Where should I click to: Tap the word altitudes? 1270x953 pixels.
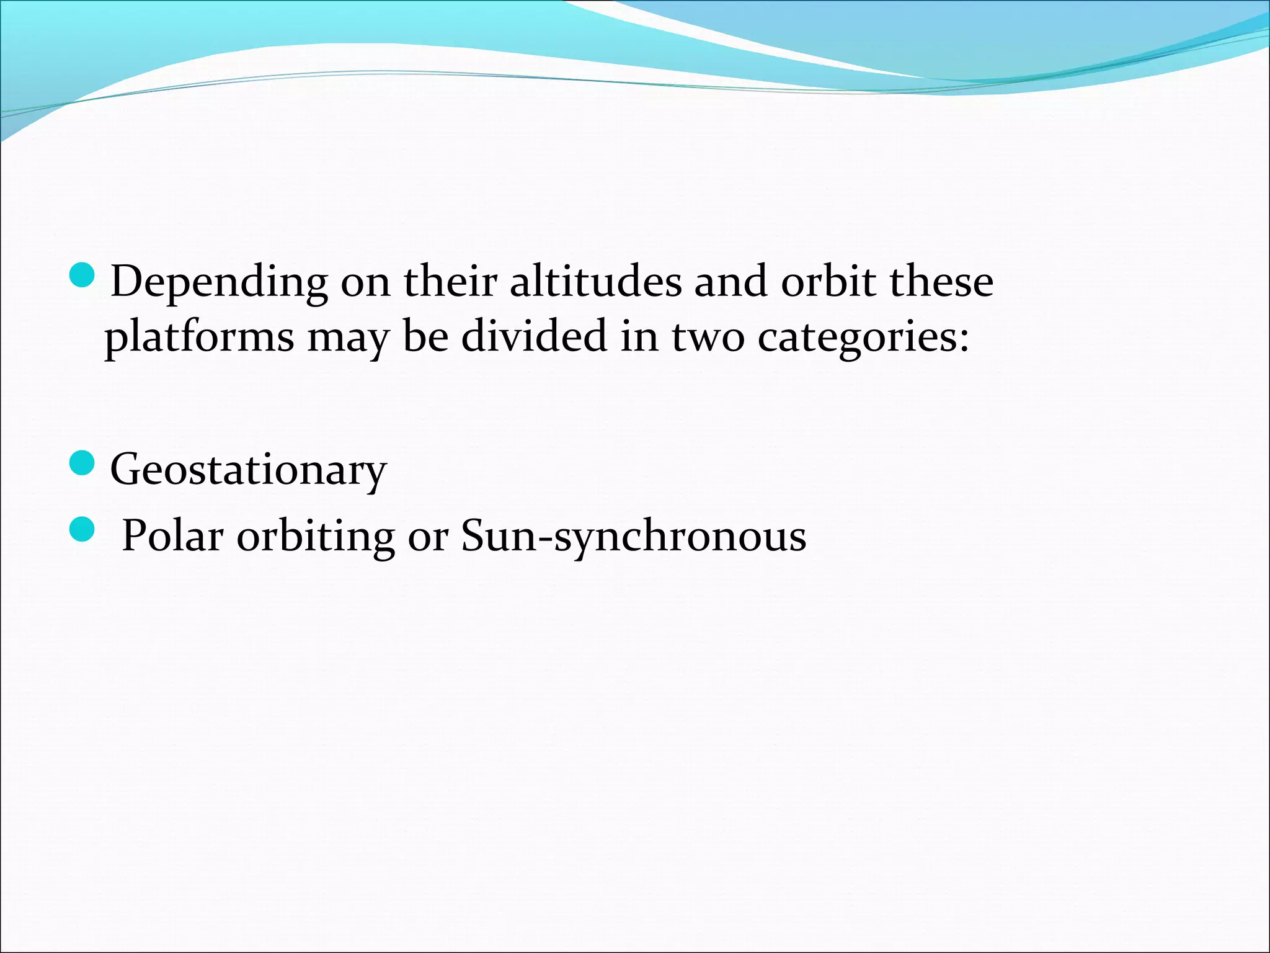point(595,282)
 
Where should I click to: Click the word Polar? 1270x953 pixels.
point(172,535)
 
